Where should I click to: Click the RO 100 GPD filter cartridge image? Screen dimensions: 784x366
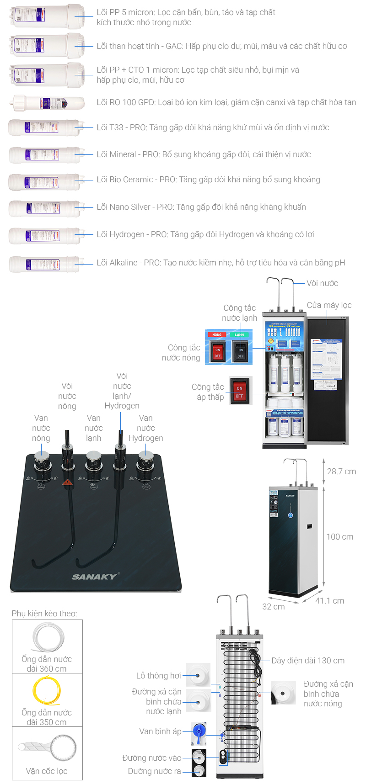coord(48,103)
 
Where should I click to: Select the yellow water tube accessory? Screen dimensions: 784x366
coord(46,690)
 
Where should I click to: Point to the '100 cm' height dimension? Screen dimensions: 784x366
coord(339,537)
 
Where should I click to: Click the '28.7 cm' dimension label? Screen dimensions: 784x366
coord(341,471)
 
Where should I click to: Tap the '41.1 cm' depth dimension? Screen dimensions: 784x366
coord(329,601)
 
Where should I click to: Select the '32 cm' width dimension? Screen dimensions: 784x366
coord(273,607)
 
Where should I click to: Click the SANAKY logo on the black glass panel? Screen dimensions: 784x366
coord(95,577)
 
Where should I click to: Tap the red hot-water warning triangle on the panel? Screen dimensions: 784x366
coord(67,482)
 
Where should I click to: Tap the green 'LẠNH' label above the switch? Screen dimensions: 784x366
coord(239,335)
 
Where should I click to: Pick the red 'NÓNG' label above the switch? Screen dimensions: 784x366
coord(217,335)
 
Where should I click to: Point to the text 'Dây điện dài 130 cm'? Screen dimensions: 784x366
coord(308,661)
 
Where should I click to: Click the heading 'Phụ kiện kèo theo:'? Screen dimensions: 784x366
coord(44,614)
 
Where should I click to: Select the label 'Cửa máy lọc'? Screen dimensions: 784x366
coord(329,305)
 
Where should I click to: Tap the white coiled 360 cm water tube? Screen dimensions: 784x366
coord(48,637)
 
